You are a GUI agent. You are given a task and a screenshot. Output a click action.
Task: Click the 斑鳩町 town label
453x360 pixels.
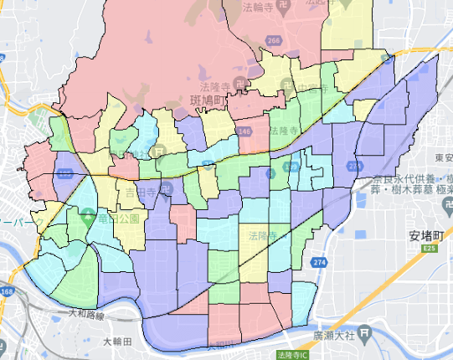[203, 101]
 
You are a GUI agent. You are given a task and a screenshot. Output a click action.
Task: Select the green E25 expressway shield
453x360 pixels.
[430, 249]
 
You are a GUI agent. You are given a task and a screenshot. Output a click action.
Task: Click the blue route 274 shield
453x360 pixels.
[319, 262]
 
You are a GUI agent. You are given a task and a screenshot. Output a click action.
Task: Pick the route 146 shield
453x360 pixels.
[244, 131]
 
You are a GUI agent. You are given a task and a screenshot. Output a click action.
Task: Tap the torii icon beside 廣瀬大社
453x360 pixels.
[364, 335]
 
